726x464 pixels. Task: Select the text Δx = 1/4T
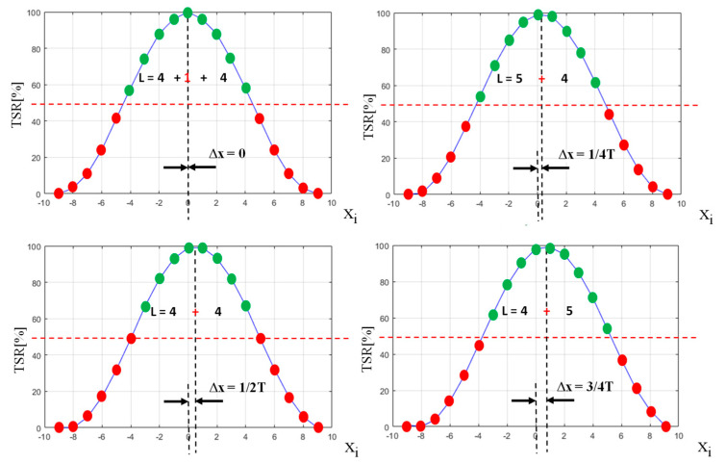[x=591, y=154]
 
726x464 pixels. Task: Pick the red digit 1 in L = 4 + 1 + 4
[x=188, y=77]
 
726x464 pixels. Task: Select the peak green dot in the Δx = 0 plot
[x=188, y=13]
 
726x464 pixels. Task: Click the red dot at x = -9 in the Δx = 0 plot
[x=58, y=193]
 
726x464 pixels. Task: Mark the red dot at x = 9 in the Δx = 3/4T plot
[x=665, y=426]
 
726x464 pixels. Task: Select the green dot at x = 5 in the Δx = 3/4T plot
[x=608, y=328]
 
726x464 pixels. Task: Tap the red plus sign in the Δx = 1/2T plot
[x=195, y=310]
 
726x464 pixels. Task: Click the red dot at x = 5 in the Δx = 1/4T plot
[x=610, y=114]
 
